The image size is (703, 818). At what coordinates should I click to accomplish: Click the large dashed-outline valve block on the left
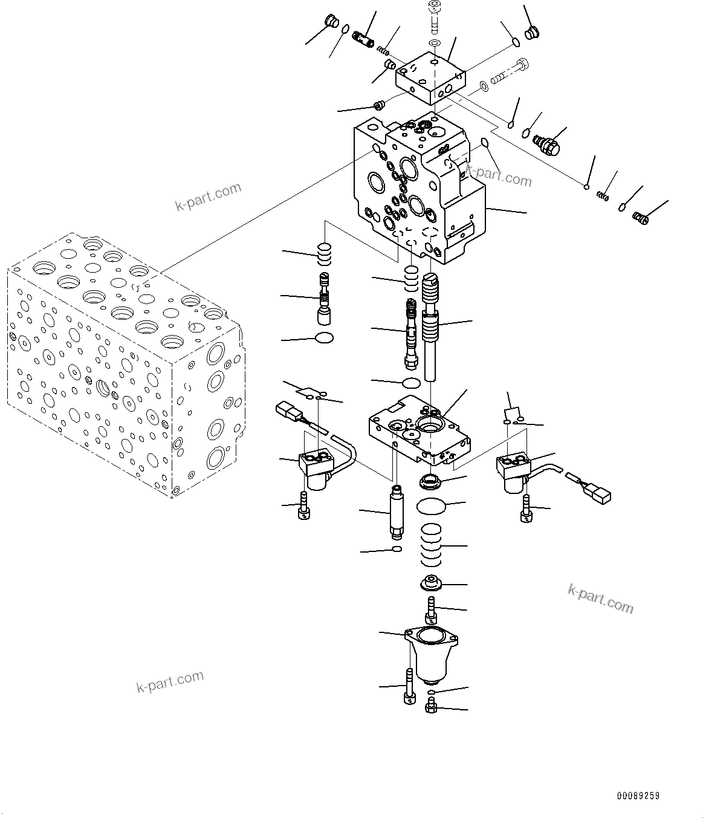(121, 363)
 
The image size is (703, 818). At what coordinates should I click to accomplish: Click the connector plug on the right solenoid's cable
(595, 492)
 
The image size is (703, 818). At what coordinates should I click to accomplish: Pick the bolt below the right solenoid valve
(525, 508)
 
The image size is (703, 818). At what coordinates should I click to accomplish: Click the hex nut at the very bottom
(431, 706)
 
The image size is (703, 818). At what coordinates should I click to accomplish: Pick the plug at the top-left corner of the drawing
(331, 22)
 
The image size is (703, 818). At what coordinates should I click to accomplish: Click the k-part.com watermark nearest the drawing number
(600, 599)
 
